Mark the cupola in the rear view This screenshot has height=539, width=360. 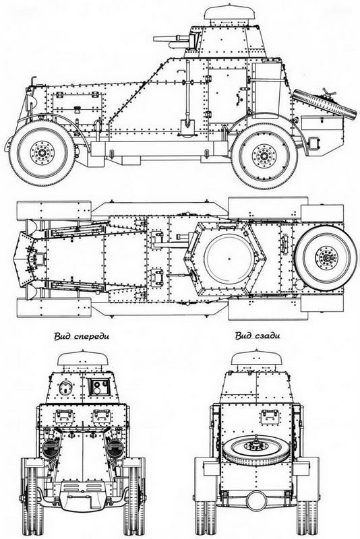[x=256, y=361]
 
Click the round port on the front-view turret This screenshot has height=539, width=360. [x=65, y=389]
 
